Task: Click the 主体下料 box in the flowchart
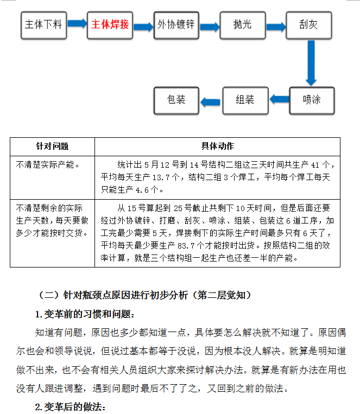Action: tap(43, 25)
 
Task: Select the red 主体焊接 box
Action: tap(110, 25)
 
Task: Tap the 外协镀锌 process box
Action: tap(176, 25)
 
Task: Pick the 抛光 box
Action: tap(243, 25)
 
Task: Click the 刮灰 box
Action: tap(309, 25)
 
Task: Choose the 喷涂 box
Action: tap(312, 100)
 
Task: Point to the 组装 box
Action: tap(245, 100)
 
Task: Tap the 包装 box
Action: tap(176, 100)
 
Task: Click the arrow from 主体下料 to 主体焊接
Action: tap(77, 23)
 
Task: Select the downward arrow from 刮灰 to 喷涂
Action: tap(311, 63)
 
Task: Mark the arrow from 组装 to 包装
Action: tap(210, 102)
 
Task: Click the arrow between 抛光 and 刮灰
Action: tap(276, 27)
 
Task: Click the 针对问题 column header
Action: tap(52, 147)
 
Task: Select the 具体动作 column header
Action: tap(218, 146)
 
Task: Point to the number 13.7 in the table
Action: tap(161, 177)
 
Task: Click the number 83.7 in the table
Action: tap(186, 246)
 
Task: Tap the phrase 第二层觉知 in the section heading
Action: tap(222, 295)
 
